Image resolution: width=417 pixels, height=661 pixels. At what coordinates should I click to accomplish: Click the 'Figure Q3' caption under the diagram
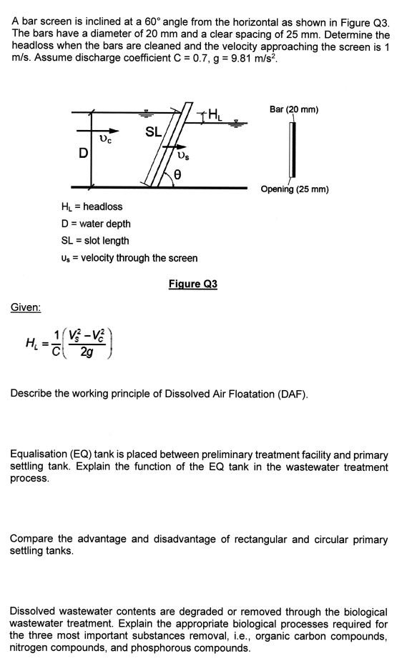coord(192,284)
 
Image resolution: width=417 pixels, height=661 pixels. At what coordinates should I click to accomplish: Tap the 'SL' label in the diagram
coord(153,131)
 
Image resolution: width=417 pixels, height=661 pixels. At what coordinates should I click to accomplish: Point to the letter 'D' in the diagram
coord(84,152)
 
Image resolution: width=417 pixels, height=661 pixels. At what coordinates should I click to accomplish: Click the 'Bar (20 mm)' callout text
coord(294,109)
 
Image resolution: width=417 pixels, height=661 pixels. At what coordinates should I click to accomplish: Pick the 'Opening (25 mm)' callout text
coord(294,189)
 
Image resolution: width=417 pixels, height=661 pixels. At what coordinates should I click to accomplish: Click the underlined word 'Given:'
coord(26,307)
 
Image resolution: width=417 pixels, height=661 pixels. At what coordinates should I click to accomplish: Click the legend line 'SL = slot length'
coord(95,241)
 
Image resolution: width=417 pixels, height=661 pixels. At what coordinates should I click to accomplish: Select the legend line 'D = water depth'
coord(96,224)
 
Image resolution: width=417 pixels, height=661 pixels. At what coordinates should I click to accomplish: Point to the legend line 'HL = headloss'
coord(92,207)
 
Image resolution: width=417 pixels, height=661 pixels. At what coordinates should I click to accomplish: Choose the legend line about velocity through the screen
coord(129,258)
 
